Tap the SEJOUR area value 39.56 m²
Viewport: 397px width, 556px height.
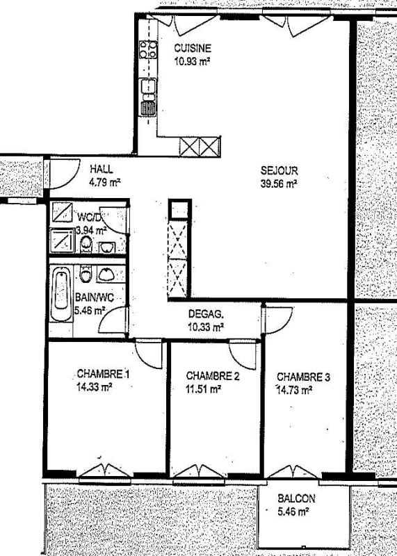279,184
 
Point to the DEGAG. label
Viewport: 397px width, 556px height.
205,313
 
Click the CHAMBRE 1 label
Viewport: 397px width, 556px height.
102,376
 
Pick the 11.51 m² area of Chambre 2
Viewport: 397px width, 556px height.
203,389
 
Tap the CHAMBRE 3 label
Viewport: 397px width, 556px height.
303,377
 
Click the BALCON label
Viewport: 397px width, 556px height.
296,498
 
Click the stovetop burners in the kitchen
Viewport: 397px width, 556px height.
147,49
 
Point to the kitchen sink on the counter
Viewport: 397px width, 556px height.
147,87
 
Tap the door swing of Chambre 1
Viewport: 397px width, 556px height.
149,354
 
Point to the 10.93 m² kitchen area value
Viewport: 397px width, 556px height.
192,61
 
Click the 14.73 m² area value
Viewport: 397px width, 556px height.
294,390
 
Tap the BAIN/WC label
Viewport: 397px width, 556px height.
89,297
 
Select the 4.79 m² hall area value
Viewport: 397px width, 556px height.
105,183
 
